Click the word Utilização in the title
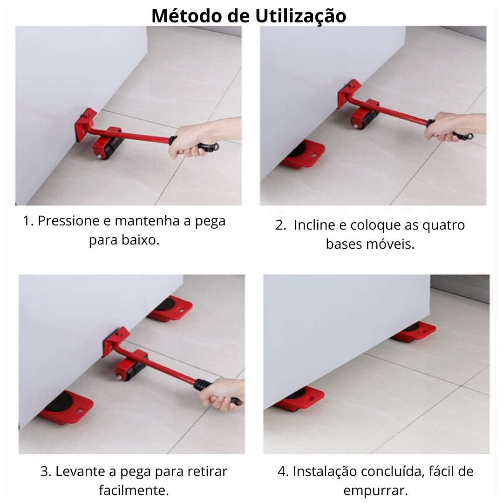pos(300,15)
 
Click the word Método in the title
pos(187,15)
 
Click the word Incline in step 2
pos(314,225)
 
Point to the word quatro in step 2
pos(443,225)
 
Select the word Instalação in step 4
pos(325,471)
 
